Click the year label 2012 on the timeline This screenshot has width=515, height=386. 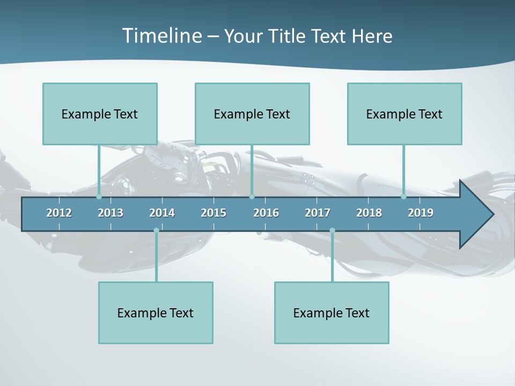point(59,213)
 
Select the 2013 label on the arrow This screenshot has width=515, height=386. point(111,213)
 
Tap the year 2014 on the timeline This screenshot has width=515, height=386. point(162,213)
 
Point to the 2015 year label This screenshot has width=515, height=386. point(214,213)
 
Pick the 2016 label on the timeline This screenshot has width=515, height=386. point(266,213)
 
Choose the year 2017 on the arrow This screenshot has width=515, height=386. point(318,213)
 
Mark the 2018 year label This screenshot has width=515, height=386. point(369,213)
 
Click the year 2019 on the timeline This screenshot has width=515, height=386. point(421,213)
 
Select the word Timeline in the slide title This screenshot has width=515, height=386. point(161,36)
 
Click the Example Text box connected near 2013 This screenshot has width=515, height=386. point(100,114)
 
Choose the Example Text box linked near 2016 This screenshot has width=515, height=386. point(252,114)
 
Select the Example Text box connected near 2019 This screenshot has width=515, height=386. point(404,114)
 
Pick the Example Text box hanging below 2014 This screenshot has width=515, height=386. point(156,313)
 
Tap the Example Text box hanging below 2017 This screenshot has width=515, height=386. point(332,313)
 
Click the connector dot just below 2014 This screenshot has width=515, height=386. point(156,231)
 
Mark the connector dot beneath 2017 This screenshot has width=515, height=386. point(332,231)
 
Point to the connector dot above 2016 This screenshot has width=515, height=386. point(252,196)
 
